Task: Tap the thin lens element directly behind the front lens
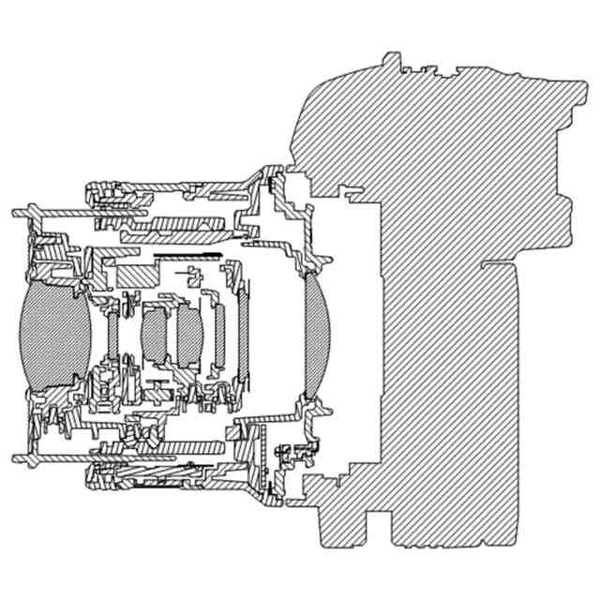(113, 334)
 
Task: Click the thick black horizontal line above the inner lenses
(187, 255)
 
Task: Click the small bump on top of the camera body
(393, 61)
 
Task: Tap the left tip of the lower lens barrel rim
(17, 457)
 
